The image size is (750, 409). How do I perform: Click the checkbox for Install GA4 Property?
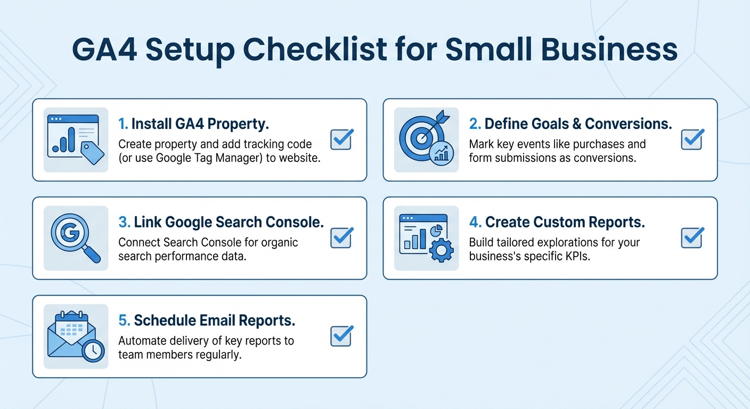point(341,140)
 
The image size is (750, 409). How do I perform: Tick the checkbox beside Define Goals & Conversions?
point(691,140)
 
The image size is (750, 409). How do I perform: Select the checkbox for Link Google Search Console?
point(341,238)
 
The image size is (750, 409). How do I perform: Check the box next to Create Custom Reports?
point(691,238)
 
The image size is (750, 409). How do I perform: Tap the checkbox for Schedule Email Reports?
point(341,337)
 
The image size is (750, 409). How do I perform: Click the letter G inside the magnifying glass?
point(70,233)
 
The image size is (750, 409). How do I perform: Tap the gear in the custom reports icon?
point(441,250)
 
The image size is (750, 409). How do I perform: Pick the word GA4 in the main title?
point(104,50)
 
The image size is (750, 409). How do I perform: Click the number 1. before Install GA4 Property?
point(123,124)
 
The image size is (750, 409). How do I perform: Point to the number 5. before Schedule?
point(124,321)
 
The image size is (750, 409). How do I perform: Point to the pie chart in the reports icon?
point(435,230)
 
